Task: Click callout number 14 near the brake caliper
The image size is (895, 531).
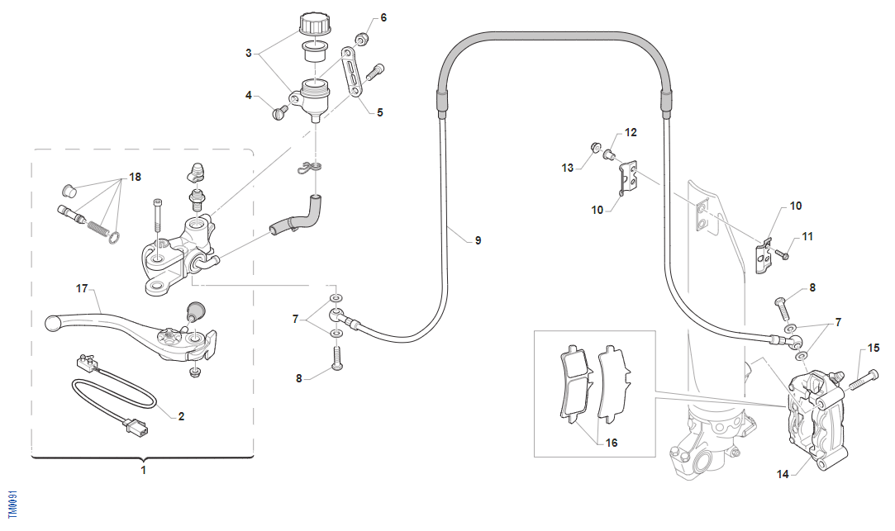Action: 783,473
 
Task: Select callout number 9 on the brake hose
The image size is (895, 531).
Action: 477,240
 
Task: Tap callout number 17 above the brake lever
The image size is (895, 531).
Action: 82,289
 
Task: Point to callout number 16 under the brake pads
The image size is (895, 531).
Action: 611,443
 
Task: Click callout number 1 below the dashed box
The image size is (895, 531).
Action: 142,470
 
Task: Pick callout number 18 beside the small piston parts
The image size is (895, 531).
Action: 135,177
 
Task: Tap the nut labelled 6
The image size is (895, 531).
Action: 361,38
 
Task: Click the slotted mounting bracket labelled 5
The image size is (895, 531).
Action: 353,73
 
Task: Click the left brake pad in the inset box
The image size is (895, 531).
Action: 574,380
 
